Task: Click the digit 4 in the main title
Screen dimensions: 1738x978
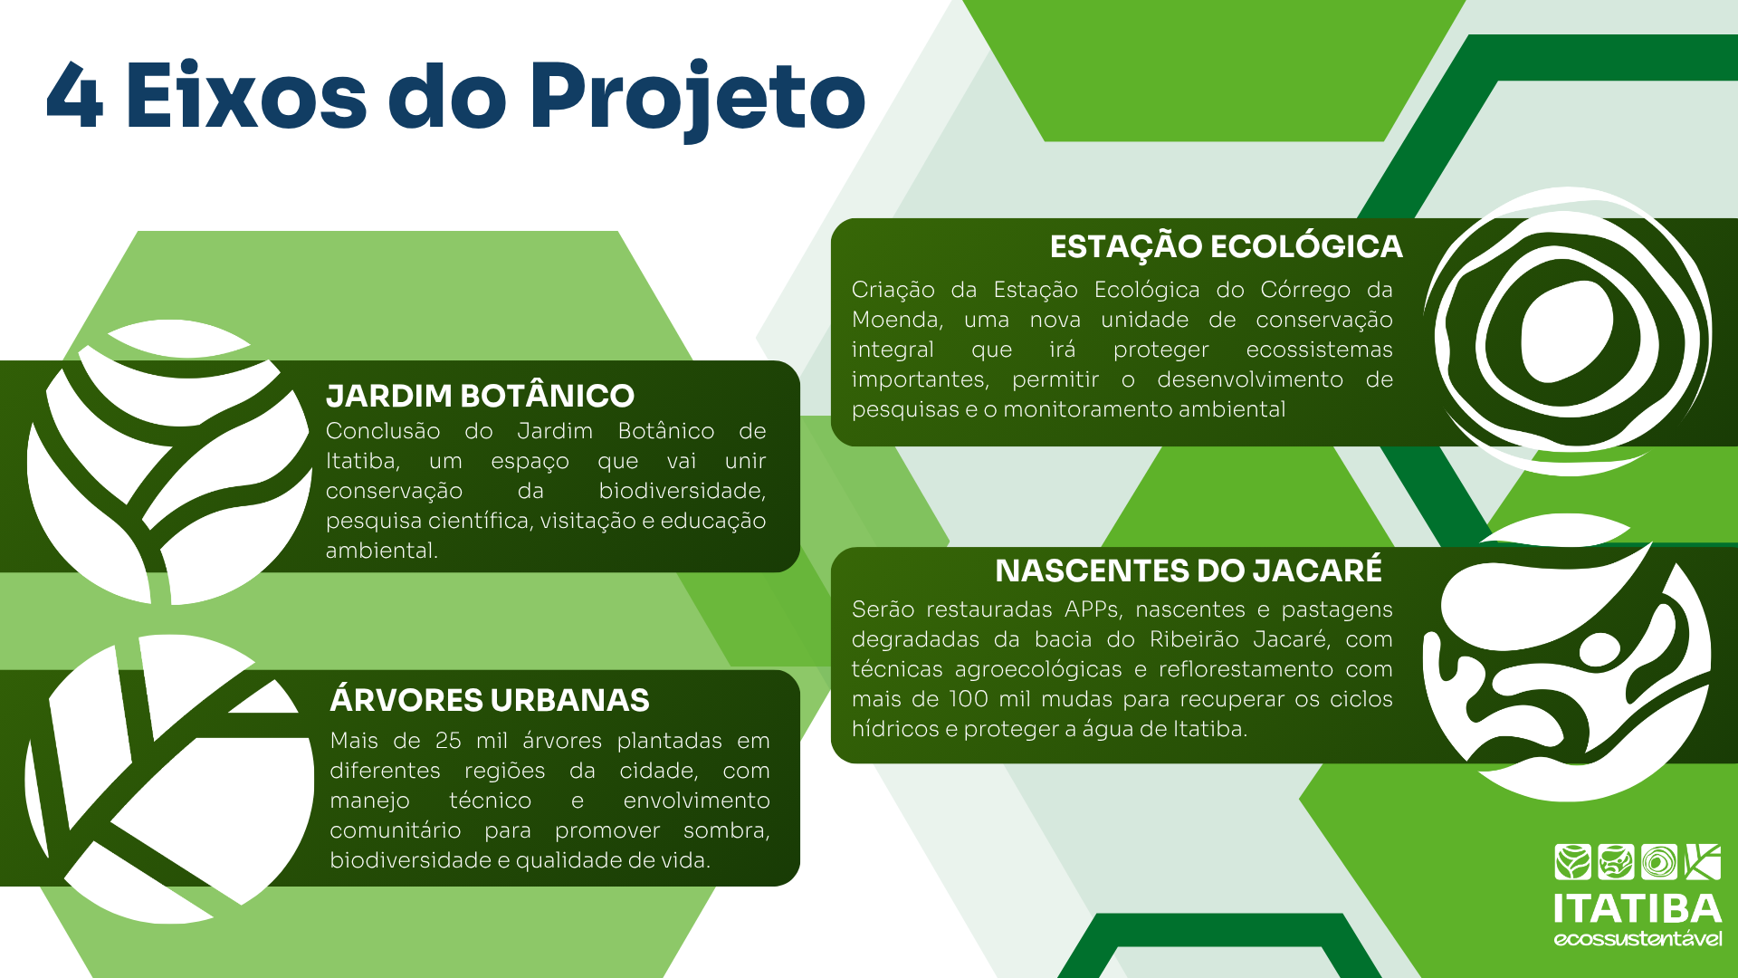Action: (74, 95)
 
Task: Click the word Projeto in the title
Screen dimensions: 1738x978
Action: (697, 98)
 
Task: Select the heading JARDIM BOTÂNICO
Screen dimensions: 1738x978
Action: (480, 395)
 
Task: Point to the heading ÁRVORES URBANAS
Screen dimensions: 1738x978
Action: (490, 699)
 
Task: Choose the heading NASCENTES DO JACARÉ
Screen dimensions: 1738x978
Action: (1189, 570)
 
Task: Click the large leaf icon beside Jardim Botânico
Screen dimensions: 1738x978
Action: (169, 462)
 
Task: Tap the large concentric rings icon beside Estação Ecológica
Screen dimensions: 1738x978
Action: (1568, 331)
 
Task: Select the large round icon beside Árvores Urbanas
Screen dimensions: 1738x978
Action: (169, 779)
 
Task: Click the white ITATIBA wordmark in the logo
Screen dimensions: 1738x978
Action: (1638, 908)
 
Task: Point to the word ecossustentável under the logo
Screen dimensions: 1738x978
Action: (1638, 938)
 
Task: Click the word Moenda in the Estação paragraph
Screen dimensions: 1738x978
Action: (897, 320)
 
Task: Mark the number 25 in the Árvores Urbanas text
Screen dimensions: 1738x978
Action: (448, 741)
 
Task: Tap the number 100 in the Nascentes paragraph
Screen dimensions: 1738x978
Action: (969, 699)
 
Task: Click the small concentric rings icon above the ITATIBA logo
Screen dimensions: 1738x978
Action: (1659, 862)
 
